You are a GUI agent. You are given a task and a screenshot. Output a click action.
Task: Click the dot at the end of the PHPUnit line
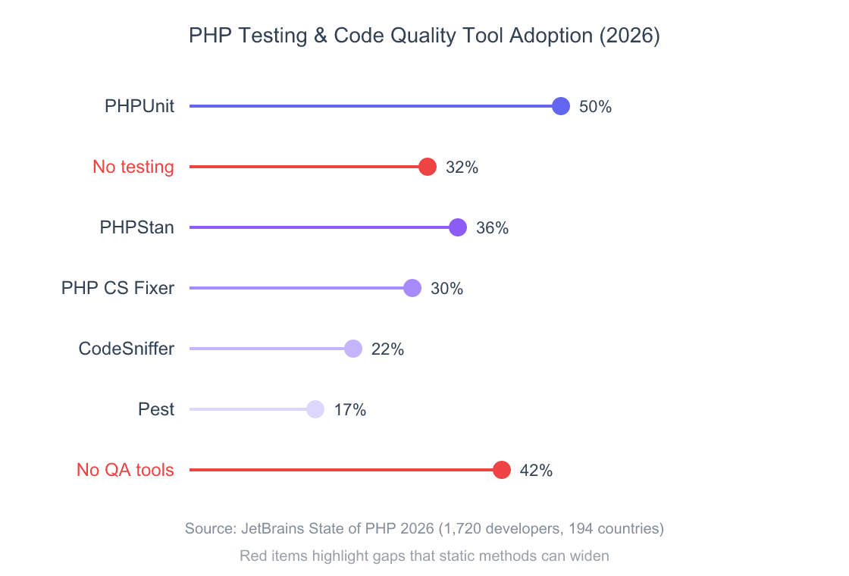click(x=561, y=106)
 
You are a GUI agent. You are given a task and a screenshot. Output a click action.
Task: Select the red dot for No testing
click(x=428, y=167)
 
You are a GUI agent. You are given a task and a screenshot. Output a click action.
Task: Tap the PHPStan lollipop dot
click(x=458, y=227)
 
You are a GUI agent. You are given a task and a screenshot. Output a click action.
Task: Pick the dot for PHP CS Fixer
click(x=412, y=288)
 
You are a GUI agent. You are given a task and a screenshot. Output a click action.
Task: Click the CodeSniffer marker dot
click(x=353, y=349)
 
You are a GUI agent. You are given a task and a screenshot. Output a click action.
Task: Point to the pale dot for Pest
click(x=315, y=409)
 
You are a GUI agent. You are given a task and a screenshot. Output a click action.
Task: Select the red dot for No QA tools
click(x=502, y=470)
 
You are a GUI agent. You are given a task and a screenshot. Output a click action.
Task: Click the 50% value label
click(x=595, y=107)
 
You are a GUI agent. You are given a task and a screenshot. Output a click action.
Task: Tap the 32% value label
click(x=462, y=167)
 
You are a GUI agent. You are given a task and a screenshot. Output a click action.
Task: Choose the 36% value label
click(x=492, y=228)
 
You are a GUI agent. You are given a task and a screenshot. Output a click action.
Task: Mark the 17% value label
click(x=349, y=410)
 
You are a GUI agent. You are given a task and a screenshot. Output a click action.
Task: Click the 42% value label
click(x=536, y=471)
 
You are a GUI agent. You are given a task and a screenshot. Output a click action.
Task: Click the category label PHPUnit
click(x=139, y=107)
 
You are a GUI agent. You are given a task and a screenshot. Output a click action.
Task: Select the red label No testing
click(x=133, y=167)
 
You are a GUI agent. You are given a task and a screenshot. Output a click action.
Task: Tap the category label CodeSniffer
click(x=127, y=349)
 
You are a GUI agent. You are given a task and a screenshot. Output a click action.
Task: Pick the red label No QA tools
click(x=125, y=470)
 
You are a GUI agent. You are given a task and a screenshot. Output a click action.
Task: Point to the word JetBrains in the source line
click(x=272, y=528)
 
